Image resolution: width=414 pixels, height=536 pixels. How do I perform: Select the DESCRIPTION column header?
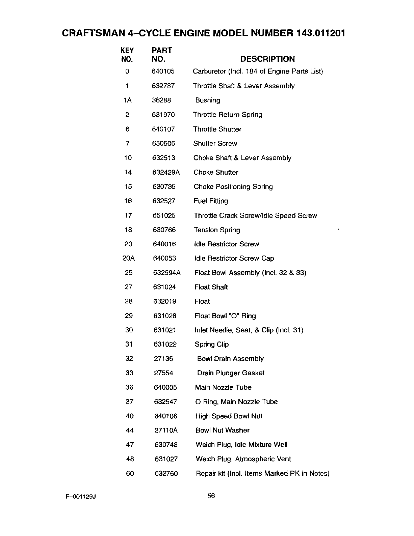point(267,59)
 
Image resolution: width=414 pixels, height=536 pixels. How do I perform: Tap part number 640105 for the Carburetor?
point(163,71)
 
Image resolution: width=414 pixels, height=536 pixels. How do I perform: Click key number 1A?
point(127,100)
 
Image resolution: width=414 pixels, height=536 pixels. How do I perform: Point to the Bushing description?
point(208,100)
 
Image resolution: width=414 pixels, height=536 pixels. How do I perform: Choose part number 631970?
point(163,115)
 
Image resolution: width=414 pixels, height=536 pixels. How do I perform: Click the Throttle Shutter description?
point(217,129)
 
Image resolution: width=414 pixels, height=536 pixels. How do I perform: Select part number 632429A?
point(166,172)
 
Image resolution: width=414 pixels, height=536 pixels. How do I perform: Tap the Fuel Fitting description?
point(211,201)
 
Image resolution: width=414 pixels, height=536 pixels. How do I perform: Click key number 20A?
point(128,259)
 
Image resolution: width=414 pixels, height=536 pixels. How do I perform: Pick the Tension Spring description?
point(217,230)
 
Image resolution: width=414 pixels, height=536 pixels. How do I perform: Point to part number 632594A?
point(167,273)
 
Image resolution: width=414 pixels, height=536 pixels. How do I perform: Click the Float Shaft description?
point(211,287)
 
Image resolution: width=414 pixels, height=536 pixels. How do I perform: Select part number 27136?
point(163,359)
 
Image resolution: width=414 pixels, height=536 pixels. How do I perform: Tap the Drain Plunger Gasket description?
point(231,373)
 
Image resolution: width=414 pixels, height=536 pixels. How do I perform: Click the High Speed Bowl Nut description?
point(229,416)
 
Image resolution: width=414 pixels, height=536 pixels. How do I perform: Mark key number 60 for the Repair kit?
point(130,474)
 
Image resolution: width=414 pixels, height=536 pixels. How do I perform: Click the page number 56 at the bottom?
point(211,496)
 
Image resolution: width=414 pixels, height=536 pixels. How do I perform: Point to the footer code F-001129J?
point(81,497)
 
